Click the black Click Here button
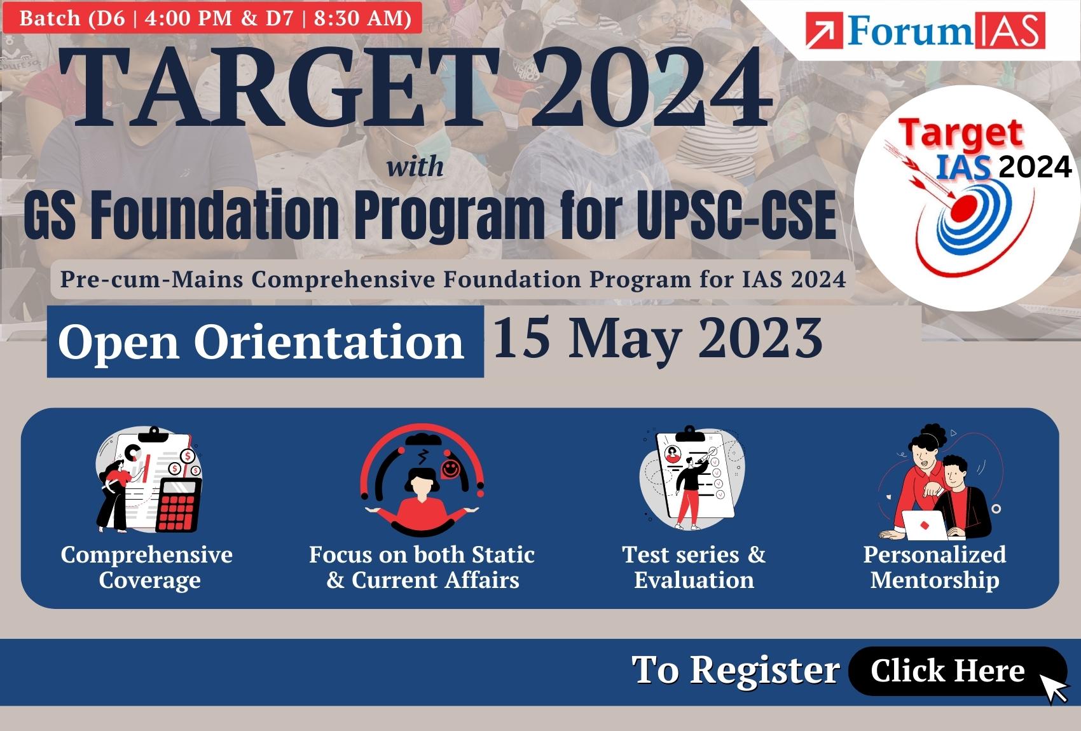pos(958,671)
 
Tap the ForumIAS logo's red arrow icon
pos(824,31)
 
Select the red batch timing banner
pos(212,18)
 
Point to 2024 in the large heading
pos(652,87)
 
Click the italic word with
pos(415,167)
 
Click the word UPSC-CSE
pos(736,215)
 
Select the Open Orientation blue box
pos(265,341)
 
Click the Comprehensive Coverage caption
pos(147,568)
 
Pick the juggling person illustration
pos(422,481)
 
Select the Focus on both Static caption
pos(422,555)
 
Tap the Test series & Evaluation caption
pos(694,568)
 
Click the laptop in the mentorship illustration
pos(925,525)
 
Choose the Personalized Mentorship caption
pos(935,568)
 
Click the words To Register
pos(736,670)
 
